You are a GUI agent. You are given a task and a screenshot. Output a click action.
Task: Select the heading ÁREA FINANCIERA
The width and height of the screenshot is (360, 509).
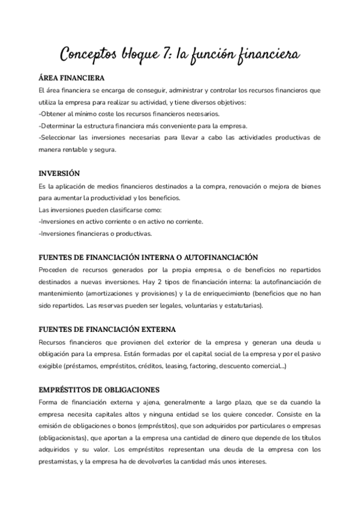(x=71, y=79)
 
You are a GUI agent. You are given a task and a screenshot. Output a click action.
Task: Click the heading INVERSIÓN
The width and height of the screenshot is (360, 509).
(x=58, y=173)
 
